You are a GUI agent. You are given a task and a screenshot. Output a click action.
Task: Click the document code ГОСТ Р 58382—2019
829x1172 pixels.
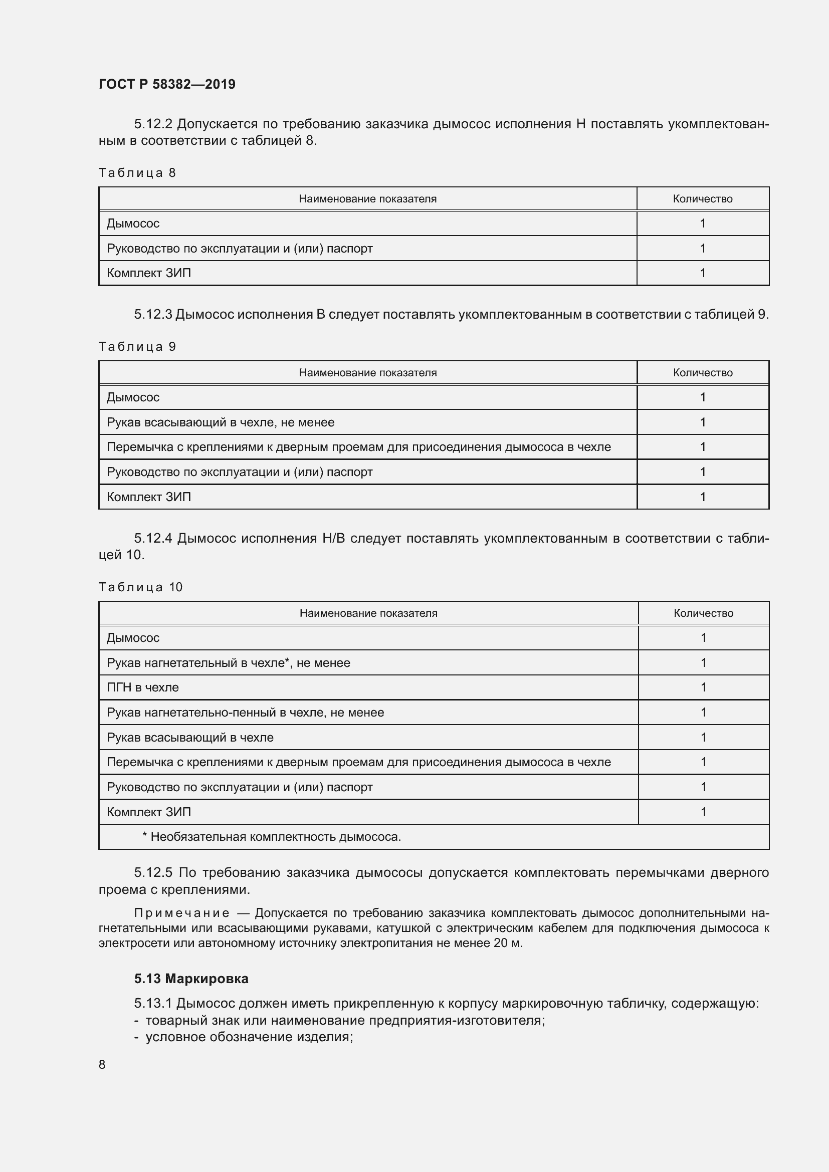click(x=167, y=84)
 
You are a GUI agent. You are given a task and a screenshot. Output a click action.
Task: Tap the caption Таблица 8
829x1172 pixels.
click(x=137, y=173)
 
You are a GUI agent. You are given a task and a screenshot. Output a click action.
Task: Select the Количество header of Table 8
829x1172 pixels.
click(x=702, y=199)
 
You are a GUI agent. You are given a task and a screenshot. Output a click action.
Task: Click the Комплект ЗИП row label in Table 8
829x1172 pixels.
click(x=148, y=273)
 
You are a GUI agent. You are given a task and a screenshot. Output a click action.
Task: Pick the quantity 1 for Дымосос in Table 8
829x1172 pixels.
click(x=702, y=223)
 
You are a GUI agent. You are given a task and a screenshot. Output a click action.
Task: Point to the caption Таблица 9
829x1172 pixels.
click(x=137, y=347)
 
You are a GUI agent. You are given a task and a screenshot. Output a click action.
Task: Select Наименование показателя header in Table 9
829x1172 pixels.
click(x=367, y=373)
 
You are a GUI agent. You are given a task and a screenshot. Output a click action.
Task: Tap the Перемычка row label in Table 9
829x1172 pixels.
click(x=358, y=447)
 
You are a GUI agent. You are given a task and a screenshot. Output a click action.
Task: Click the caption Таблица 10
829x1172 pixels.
click(x=140, y=588)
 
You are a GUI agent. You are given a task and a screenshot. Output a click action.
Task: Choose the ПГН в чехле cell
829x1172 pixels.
click(x=143, y=687)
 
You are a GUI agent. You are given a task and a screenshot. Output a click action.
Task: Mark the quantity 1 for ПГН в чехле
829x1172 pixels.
click(x=703, y=687)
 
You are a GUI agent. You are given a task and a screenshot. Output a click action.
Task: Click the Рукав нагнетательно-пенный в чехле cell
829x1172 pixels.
click(x=245, y=713)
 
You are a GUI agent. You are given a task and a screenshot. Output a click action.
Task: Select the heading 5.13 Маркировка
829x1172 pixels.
click(x=191, y=979)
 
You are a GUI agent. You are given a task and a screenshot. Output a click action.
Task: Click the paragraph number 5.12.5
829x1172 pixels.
click(x=153, y=873)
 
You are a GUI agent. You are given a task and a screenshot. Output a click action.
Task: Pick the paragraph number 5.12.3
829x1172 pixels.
click(x=153, y=315)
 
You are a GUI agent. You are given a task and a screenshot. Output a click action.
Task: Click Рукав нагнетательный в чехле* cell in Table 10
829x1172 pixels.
click(x=228, y=663)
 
